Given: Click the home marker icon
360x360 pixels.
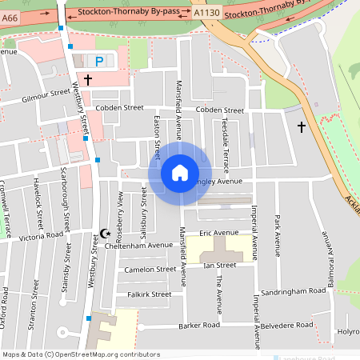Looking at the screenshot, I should coord(179,172).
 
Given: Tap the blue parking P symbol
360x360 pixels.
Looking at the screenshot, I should coord(99,61).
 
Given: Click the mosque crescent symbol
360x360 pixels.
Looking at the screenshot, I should coord(104,234).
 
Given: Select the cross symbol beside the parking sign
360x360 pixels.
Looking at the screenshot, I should coord(87,80).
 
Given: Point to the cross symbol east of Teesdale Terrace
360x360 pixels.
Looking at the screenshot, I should coord(302,126).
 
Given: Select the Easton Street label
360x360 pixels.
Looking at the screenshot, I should coord(157,130).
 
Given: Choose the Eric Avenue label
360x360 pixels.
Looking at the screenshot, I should coord(219,233).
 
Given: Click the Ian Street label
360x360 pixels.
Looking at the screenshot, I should coord(219,264).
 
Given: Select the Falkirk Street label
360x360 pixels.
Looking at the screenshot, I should coord(149,294).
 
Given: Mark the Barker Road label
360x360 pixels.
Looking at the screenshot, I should coord(199,326).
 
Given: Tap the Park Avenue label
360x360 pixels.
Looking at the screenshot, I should coord(278,230).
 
